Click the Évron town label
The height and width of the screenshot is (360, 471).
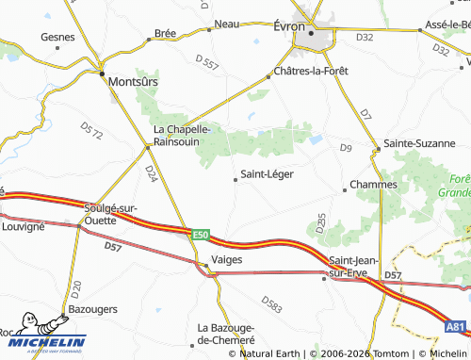tap(288, 26)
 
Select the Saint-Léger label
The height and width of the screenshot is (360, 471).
tap(268, 173)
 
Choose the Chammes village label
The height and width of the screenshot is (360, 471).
tap(373, 185)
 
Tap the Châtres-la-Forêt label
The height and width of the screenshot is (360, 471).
tap(312, 72)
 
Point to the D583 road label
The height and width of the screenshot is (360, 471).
tap(271, 305)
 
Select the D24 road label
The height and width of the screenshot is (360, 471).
tap(152, 174)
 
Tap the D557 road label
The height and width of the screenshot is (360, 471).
tap(207, 63)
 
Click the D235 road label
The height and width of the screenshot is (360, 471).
tap(321, 223)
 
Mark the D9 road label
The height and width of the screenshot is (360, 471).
tap(345, 148)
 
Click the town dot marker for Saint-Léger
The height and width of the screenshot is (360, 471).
tap(235, 174)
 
